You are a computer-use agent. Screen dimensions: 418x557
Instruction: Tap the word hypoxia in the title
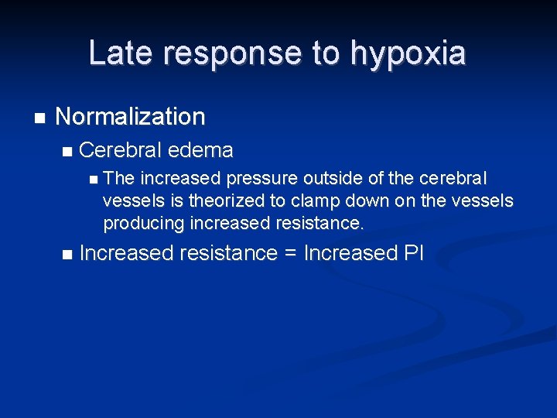(408, 54)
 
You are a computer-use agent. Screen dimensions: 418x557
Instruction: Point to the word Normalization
(130, 117)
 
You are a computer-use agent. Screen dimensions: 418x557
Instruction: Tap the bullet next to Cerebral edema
(67, 150)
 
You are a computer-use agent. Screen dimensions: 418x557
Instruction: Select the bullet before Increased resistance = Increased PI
(67, 254)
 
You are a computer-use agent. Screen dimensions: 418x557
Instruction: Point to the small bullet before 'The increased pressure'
(94, 180)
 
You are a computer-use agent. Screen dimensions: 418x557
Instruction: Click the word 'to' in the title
(326, 54)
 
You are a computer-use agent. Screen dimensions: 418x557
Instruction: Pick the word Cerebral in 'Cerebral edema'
(119, 149)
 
